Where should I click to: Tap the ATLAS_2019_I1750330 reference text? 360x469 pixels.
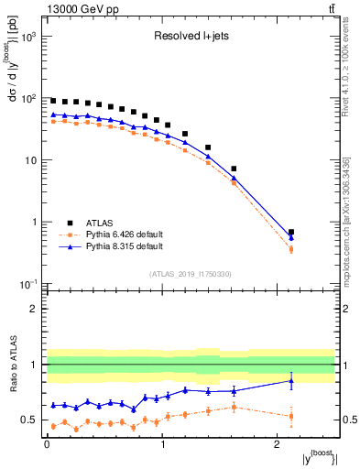click(x=191, y=273)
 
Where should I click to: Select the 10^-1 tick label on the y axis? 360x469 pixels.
click(x=27, y=284)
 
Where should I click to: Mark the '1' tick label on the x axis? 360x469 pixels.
click(x=162, y=445)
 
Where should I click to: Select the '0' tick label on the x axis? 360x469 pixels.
click(x=47, y=445)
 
